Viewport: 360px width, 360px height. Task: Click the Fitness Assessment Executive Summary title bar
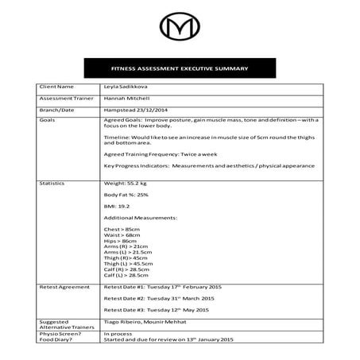point(180,68)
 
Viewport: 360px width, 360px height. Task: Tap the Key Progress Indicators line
point(209,165)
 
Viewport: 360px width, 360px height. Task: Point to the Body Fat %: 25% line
point(126,194)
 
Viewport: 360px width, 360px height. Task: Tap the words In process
point(117,334)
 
